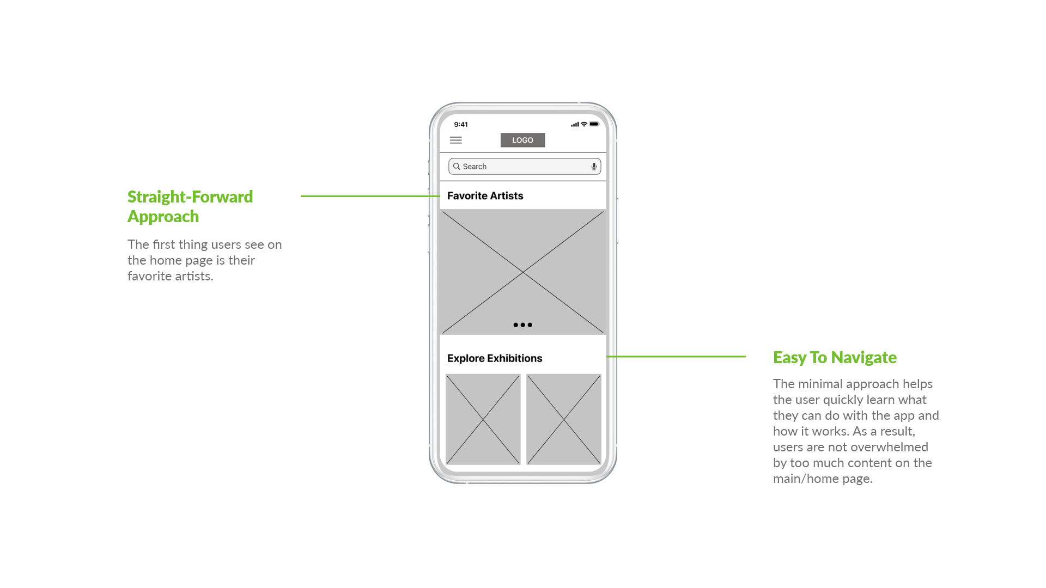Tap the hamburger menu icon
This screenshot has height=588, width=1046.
coord(456,140)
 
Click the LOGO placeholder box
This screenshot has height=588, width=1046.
coord(522,140)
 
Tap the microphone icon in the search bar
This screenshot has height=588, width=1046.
coord(594,167)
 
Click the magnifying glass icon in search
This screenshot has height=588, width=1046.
coord(457,166)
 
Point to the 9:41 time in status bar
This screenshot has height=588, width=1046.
coord(461,124)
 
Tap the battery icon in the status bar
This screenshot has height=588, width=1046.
coord(594,124)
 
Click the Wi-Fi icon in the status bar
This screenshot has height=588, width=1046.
coord(584,124)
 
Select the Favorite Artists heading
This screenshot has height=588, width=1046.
coord(485,196)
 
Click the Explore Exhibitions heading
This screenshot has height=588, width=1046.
coord(495,358)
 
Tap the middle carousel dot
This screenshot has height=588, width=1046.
coord(522,325)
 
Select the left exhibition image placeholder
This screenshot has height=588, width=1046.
coord(483,419)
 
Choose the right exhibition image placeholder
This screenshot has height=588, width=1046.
coord(564,419)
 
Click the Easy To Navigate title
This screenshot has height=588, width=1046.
coord(835,357)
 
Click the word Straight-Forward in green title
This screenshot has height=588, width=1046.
coord(190,197)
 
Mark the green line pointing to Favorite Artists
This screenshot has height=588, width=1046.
coord(370,196)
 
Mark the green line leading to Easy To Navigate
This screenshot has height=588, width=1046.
coord(676,357)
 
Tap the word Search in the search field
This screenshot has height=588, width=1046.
coord(475,167)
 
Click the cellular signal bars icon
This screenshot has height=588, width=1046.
coord(575,125)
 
